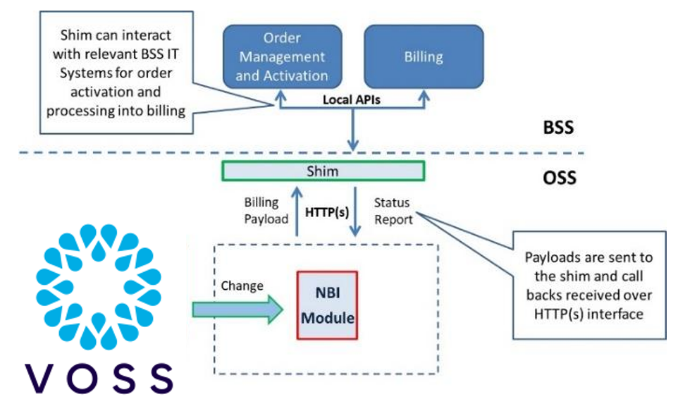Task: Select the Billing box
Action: click(x=424, y=56)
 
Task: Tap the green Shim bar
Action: click(x=323, y=171)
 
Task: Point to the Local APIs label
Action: click(x=351, y=100)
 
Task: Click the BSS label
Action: click(x=558, y=128)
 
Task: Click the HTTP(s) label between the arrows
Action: click(x=327, y=210)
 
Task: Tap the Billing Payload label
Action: click(x=266, y=211)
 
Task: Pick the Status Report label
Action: click(x=392, y=211)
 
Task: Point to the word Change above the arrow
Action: click(x=242, y=286)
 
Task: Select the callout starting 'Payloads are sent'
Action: click(x=588, y=285)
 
